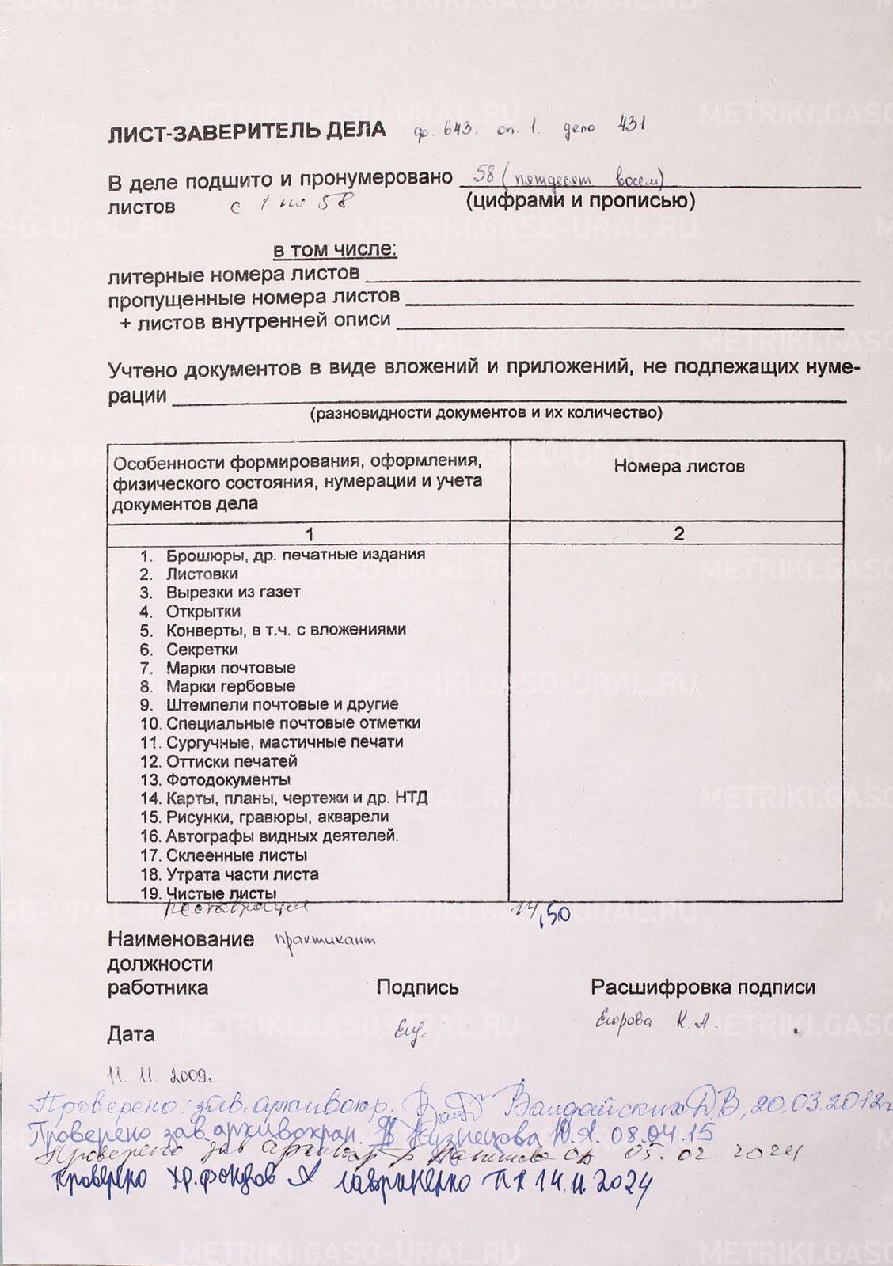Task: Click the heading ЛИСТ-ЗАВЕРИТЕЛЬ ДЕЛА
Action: (247, 131)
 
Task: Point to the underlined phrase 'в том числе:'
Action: (335, 251)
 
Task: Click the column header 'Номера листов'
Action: (678, 466)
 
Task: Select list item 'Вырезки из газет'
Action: (233, 592)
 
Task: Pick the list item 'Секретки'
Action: (202, 649)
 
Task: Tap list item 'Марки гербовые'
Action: (230, 686)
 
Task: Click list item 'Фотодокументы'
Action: (228, 780)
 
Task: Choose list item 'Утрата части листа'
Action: (242, 874)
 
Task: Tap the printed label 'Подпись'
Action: (417, 987)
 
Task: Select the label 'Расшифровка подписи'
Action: (703, 987)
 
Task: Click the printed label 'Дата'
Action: (131, 1035)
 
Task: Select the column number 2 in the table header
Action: (678, 533)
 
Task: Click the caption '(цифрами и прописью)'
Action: (581, 201)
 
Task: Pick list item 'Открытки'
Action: (203, 612)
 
